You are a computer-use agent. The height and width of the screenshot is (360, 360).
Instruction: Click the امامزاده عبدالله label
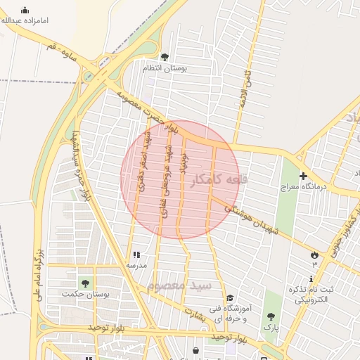click(26, 21)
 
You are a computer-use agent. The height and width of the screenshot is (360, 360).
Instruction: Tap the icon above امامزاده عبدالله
click(25, 10)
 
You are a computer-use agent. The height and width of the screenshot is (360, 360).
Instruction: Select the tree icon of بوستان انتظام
click(165, 57)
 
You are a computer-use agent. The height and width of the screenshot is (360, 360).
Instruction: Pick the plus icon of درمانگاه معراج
click(302, 176)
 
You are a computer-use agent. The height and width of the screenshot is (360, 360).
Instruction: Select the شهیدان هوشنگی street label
click(257, 219)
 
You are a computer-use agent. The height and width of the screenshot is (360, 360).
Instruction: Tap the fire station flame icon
click(314, 255)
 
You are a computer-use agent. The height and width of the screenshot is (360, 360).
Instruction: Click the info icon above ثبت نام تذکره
click(311, 278)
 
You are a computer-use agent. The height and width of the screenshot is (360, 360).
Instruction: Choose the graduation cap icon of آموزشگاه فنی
click(230, 297)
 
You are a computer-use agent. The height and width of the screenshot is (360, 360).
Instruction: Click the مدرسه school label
click(136, 266)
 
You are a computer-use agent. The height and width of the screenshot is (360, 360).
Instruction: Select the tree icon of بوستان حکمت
click(85, 283)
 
